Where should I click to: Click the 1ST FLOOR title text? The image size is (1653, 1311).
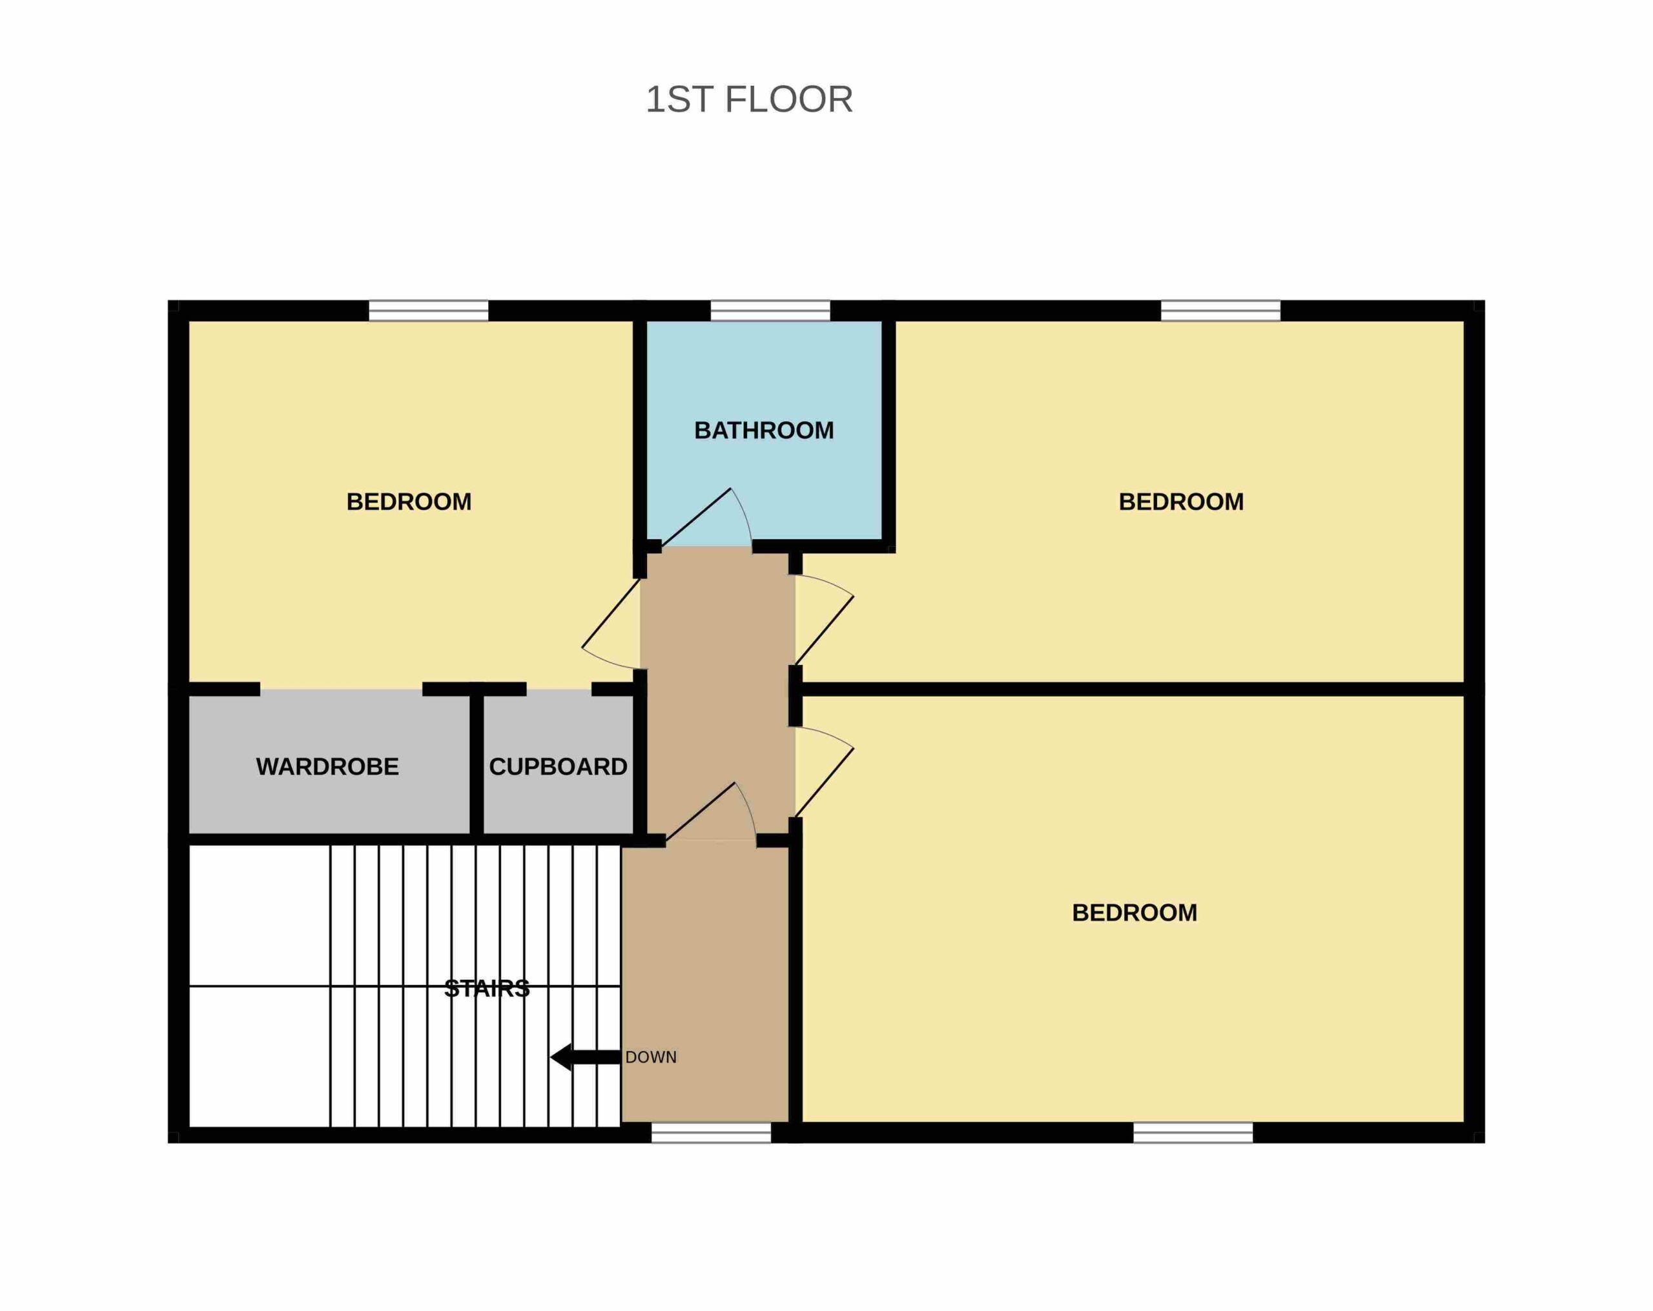pyautogui.click(x=749, y=99)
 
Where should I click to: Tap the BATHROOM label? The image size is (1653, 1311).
pyautogui.click(x=764, y=431)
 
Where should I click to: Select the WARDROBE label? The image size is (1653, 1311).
pyautogui.click(x=327, y=767)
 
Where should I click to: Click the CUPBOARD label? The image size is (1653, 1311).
pyautogui.click(x=558, y=767)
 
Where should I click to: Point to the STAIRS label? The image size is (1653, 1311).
pyautogui.click(x=487, y=989)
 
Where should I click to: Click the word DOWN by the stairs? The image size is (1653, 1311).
pyautogui.click(x=651, y=1057)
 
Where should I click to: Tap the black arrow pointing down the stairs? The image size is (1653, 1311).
pyautogui.click(x=586, y=1057)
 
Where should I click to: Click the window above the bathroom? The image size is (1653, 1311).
pyautogui.click(x=770, y=310)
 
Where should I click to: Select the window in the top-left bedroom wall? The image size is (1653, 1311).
pyautogui.click(x=429, y=310)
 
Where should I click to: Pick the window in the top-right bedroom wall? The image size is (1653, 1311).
pyautogui.click(x=1220, y=310)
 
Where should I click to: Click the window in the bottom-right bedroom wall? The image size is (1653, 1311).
pyautogui.click(x=1193, y=1132)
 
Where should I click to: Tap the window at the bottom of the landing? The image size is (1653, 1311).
pyautogui.click(x=712, y=1132)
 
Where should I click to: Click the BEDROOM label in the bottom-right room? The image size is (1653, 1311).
pyautogui.click(x=1134, y=913)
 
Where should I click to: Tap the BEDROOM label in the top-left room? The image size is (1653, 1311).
pyautogui.click(x=409, y=502)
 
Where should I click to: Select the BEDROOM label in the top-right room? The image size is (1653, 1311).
pyautogui.click(x=1181, y=502)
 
